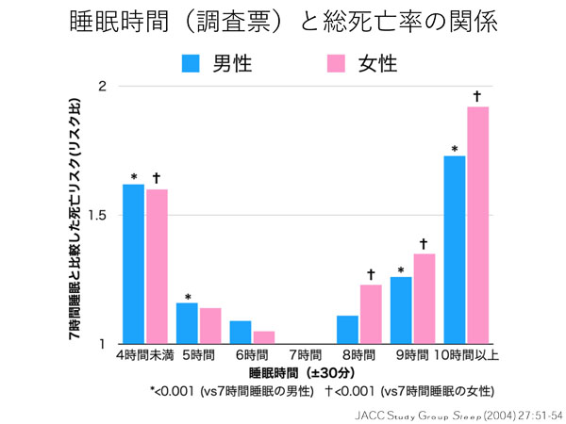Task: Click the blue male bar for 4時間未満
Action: (133, 264)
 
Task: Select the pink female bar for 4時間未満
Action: (157, 267)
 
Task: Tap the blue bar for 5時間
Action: (187, 323)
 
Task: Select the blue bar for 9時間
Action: (401, 310)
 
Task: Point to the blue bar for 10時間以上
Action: (455, 250)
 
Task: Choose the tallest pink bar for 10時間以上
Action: (478, 225)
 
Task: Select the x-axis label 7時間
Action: (307, 355)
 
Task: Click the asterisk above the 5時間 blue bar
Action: (187, 297)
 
